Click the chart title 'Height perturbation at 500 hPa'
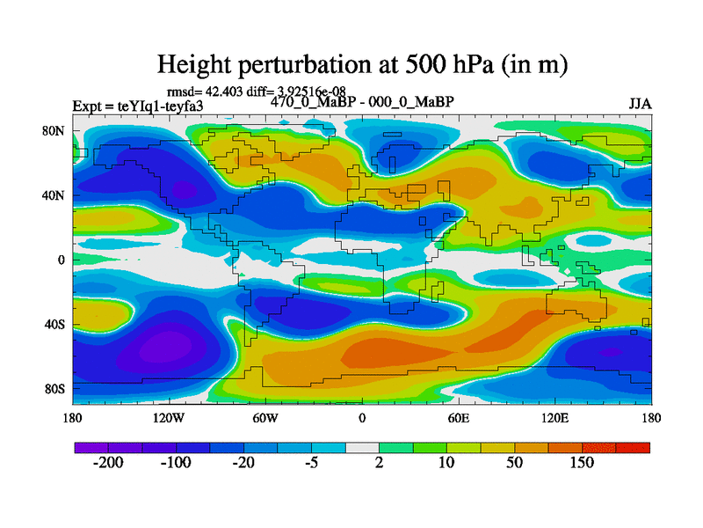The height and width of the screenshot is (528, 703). click(x=361, y=64)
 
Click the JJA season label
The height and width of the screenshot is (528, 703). click(x=640, y=104)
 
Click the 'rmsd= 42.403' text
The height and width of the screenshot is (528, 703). click(x=199, y=91)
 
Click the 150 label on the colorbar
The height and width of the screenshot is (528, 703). click(x=582, y=464)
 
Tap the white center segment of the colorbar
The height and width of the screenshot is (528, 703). click(x=362, y=447)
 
